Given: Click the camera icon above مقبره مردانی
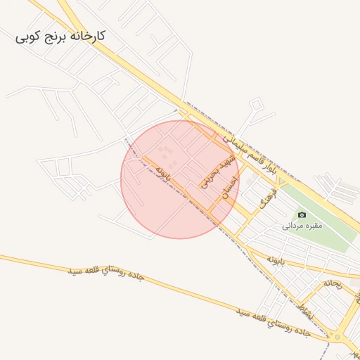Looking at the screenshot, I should coord(302,214).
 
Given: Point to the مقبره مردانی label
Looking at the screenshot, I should coord(302,226).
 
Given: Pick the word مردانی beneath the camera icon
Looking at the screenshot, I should coord(292,226).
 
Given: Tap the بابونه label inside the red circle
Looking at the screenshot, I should coord(163,172).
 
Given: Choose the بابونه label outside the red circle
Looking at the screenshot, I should coord(274,260).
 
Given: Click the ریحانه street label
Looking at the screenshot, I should coord(332,283).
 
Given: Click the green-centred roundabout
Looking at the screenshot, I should coord(337,337).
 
